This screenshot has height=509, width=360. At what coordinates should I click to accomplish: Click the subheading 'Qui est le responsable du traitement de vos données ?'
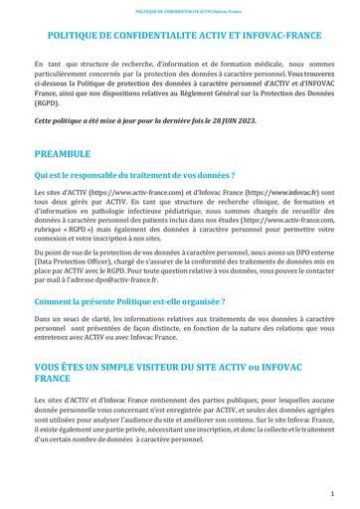145,174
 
